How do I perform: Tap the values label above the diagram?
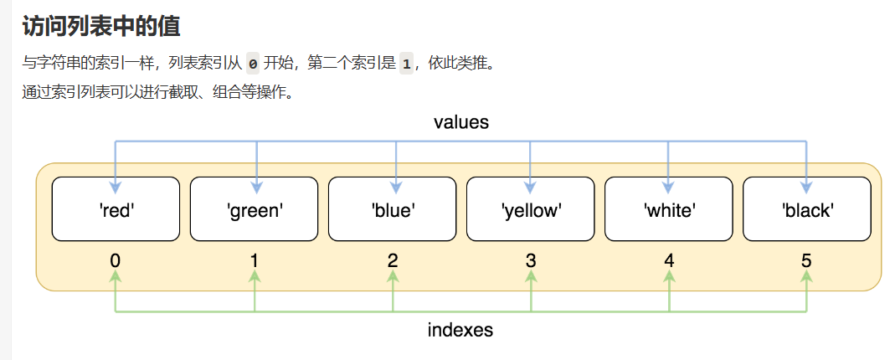tap(460, 122)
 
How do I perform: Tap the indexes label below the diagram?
tap(460, 330)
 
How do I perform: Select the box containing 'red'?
tap(116, 209)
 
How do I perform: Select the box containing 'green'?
tap(255, 209)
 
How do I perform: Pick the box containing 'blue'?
tap(393, 209)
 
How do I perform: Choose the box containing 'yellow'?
tap(531, 209)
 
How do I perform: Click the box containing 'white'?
tap(669, 209)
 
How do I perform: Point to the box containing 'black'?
tap(807, 209)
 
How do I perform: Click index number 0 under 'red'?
tap(115, 260)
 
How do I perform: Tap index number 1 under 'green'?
tap(254, 260)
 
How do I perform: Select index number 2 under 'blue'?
tap(393, 260)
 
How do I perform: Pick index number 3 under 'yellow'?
tap(531, 260)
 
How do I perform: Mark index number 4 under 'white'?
tap(669, 260)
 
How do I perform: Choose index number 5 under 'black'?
tap(806, 260)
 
